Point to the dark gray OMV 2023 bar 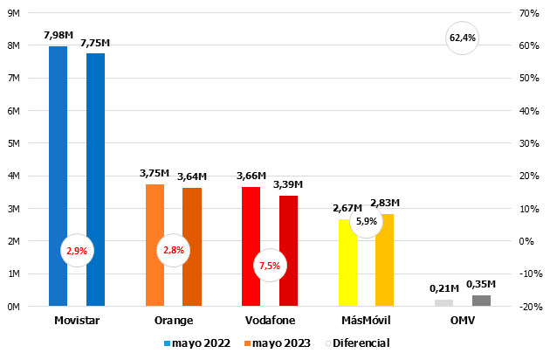tap(481, 301)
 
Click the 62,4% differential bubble tap(462, 38)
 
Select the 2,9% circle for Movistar tap(75, 251)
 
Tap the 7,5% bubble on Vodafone tap(270, 266)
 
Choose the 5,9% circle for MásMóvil tap(367, 221)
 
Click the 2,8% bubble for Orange tap(172, 251)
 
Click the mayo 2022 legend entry tap(196, 343)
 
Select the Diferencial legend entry tap(356, 343)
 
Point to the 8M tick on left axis tap(14, 45)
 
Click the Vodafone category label tap(270, 321)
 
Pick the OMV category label tap(464, 321)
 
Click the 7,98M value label tap(58, 35)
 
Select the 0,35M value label tap(481, 284)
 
